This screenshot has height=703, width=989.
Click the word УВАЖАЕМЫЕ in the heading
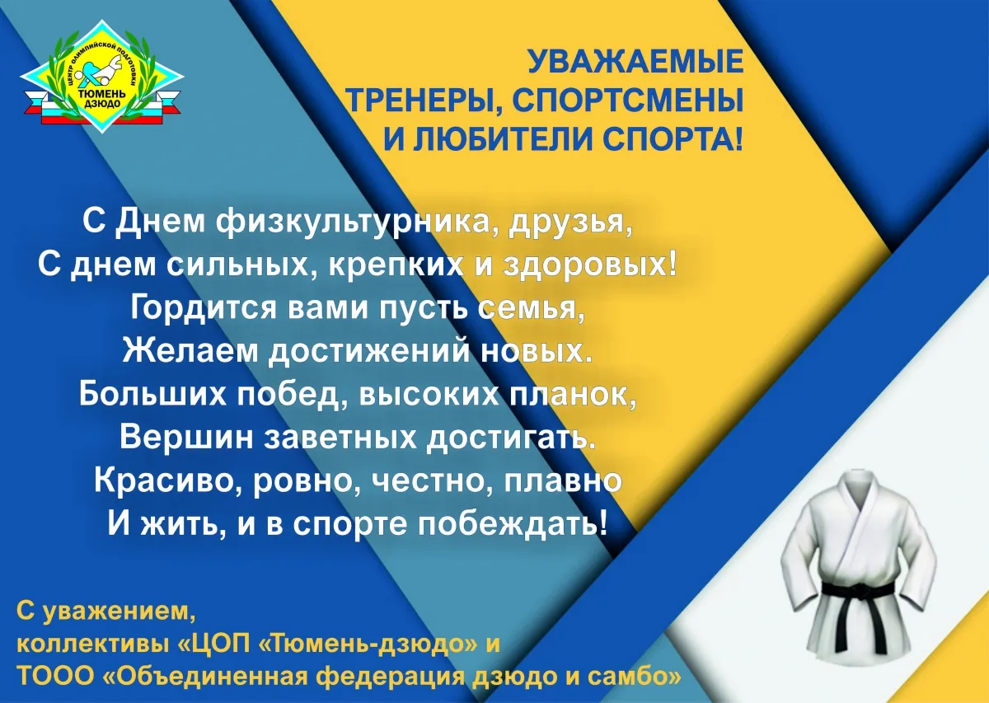(635, 61)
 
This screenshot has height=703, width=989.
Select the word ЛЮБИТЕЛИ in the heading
(506, 138)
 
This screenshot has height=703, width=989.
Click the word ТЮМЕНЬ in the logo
(101, 95)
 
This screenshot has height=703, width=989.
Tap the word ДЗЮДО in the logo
(102, 104)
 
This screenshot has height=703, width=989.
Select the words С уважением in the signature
(106, 612)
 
